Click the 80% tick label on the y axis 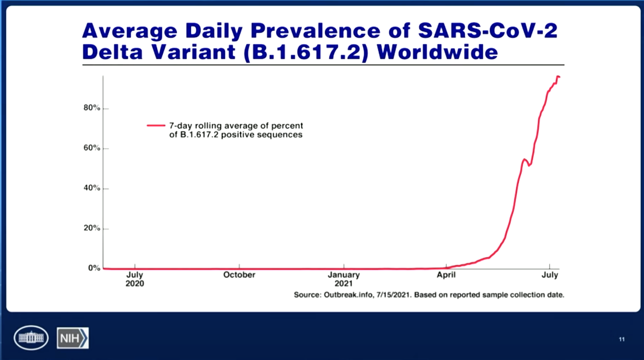coord(92,108)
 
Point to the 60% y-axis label coord(92,148)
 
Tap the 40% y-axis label coord(92,188)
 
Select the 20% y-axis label coord(92,228)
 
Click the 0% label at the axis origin coord(94,268)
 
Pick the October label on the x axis coord(239,275)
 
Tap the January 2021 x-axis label coord(344,279)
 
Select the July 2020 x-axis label coord(135,279)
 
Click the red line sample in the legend coord(156,126)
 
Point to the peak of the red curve coord(558,76)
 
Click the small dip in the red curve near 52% coord(529,165)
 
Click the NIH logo coord(73,338)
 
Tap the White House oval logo coord(31,338)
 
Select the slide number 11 coord(622,339)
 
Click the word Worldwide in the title coord(437,52)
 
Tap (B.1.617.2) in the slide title coord(306,53)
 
